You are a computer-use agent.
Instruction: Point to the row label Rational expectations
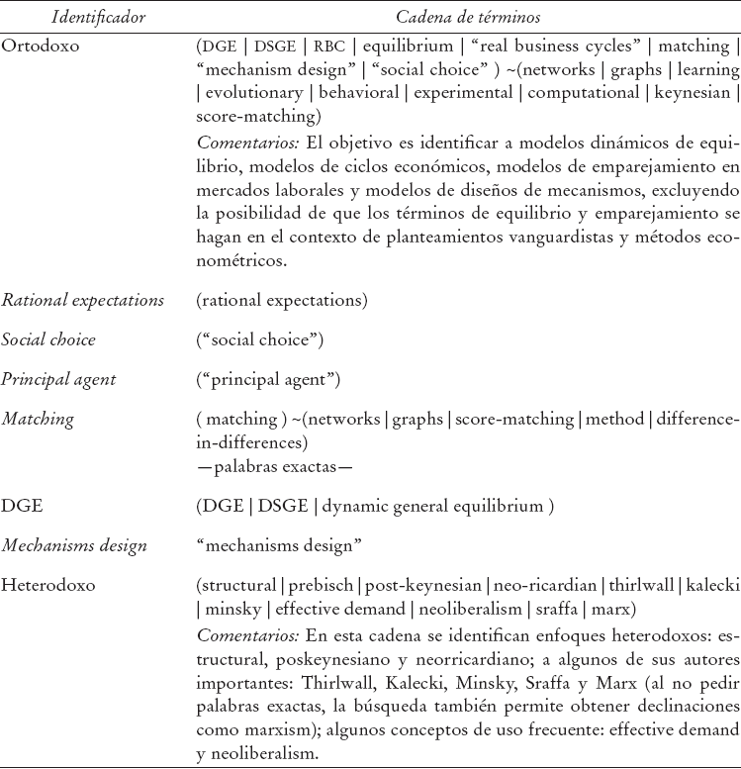tap(82, 300)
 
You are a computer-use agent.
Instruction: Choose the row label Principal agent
tap(59, 380)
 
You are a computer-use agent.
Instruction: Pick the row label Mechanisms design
tap(74, 545)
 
